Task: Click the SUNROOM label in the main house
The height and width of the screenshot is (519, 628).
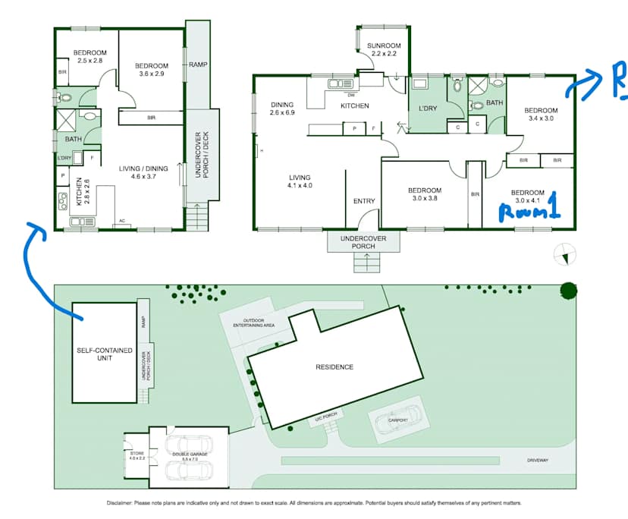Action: tap(383, 46)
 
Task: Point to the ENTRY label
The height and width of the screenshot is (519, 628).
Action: tap(364, 201)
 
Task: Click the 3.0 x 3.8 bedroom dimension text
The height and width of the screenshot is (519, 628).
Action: tap(424, 199)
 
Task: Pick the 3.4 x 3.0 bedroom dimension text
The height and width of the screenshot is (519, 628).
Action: tap(539, 118)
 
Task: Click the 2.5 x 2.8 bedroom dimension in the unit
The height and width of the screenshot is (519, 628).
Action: tap(88, 60)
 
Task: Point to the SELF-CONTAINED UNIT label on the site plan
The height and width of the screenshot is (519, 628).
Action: tap(104, 353)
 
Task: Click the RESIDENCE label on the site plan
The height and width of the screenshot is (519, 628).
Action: tap(334, 367)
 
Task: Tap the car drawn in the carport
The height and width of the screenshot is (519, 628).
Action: tap(397, 420)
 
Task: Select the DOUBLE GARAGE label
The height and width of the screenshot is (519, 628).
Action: tap(190, 455)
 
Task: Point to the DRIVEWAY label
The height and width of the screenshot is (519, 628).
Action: tap(538, 461)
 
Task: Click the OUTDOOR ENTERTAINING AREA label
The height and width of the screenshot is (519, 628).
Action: tap(253, 323)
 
